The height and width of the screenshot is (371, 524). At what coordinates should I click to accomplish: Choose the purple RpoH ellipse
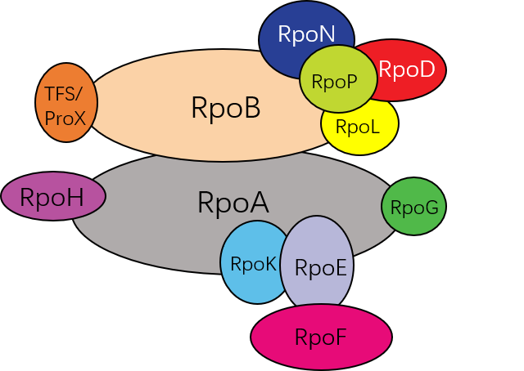click(53, 197)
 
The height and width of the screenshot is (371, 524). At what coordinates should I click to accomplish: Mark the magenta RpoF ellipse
click(321, 337)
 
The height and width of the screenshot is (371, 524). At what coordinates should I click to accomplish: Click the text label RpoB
click(225, 108)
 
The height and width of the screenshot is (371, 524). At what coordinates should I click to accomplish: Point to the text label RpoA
click(233, 203)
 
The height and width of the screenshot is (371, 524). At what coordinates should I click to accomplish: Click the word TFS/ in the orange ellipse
click(65, 92)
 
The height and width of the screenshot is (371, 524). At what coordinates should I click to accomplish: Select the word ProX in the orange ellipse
click(65, 118)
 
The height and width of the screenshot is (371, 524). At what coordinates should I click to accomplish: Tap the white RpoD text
click(407, 70)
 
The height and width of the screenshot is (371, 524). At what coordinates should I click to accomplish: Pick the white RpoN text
click(306, 34)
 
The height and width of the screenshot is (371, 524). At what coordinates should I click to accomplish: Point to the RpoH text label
click(52, 198)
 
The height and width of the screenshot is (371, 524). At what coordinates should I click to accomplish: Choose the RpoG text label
click(414, 208)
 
